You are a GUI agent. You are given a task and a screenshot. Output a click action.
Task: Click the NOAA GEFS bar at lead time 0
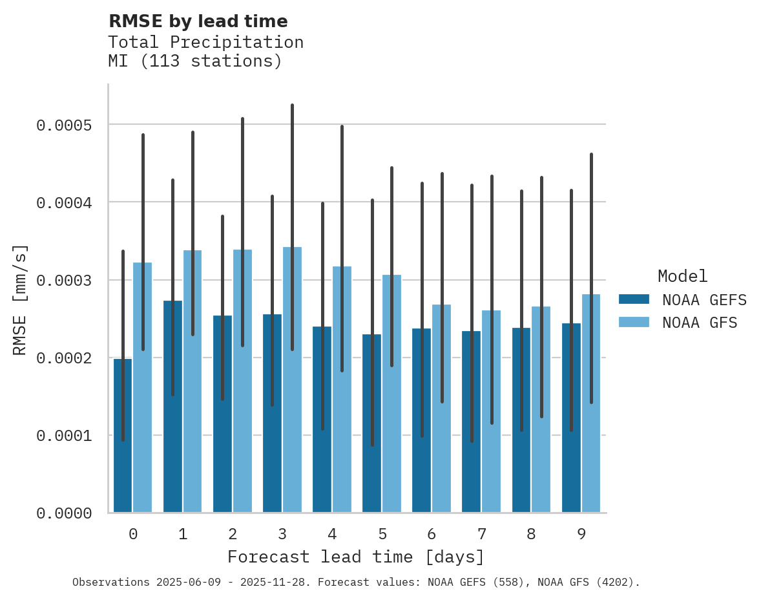pos(123,453)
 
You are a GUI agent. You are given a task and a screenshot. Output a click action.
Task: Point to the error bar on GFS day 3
pos(292,194)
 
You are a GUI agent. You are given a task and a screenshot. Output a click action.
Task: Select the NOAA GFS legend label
pos(699,322)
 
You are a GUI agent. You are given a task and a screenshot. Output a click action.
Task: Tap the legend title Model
pos(682,276)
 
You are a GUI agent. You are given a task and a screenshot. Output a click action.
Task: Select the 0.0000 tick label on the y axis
pos(64,513)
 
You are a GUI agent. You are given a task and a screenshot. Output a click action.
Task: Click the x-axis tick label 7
pos(482,534)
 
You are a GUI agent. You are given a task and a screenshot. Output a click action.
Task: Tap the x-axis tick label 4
pos(332,534)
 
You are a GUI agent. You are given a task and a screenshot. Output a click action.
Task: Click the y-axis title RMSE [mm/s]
pos(20,299)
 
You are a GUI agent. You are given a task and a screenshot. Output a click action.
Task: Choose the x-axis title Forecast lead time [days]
pos(356,557)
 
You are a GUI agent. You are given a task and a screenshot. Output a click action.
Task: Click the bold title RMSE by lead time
pos(198,21)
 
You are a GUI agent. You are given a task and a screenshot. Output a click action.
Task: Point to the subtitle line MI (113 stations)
pos(195,61)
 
